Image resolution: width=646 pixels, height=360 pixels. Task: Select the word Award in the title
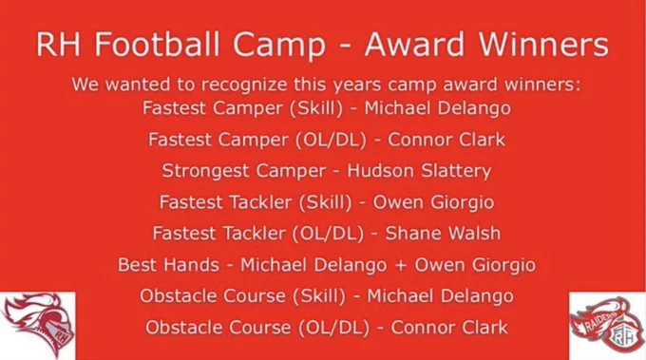click(414, 44)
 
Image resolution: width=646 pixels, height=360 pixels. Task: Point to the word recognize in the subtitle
click(244, 85)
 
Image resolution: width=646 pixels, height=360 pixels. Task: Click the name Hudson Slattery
click(419, 171)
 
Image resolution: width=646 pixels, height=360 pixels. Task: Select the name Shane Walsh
click(443, 233)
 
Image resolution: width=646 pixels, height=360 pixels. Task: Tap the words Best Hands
click(168, 264)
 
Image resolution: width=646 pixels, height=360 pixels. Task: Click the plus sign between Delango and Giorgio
click(401, 265)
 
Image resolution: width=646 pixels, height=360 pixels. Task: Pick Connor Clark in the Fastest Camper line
click(446, 140)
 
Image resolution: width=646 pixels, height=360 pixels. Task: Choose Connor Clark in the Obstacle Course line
click(449, 328)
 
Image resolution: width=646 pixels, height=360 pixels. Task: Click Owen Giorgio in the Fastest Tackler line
click(433, 202)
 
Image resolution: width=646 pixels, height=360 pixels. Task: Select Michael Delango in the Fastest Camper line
click(438, 108)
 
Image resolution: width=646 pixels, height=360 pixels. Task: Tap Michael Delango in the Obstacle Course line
click(440, 296)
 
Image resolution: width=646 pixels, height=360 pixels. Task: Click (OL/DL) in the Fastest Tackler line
click(329, 234)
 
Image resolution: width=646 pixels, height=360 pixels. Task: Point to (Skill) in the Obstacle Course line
click(319, 296)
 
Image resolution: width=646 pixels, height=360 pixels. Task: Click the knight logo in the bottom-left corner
click(38, 326)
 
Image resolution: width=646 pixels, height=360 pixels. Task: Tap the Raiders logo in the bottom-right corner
click(607, 326)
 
